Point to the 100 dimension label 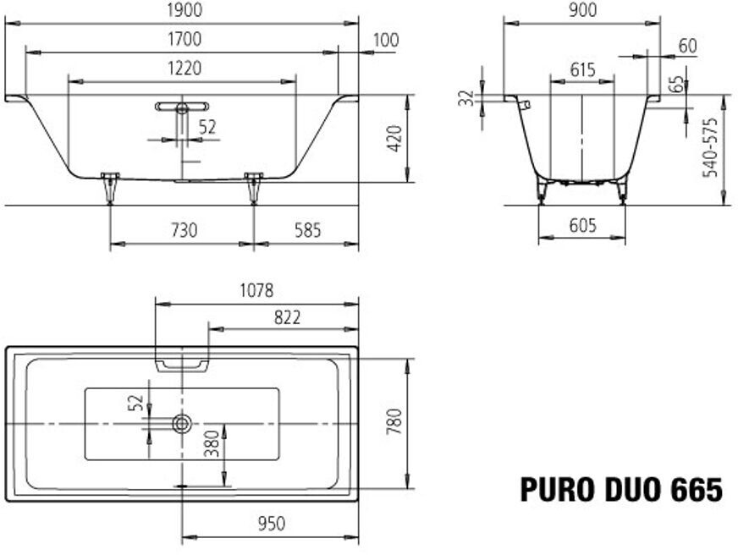coord(385,40)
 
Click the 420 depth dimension coord(394,140)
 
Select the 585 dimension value coord(306,229)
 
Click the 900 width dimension coord(582,10)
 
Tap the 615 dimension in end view coord(582,70)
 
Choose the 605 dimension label coord(582,225)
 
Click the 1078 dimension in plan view coord(256,290)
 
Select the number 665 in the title coord(697,490)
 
